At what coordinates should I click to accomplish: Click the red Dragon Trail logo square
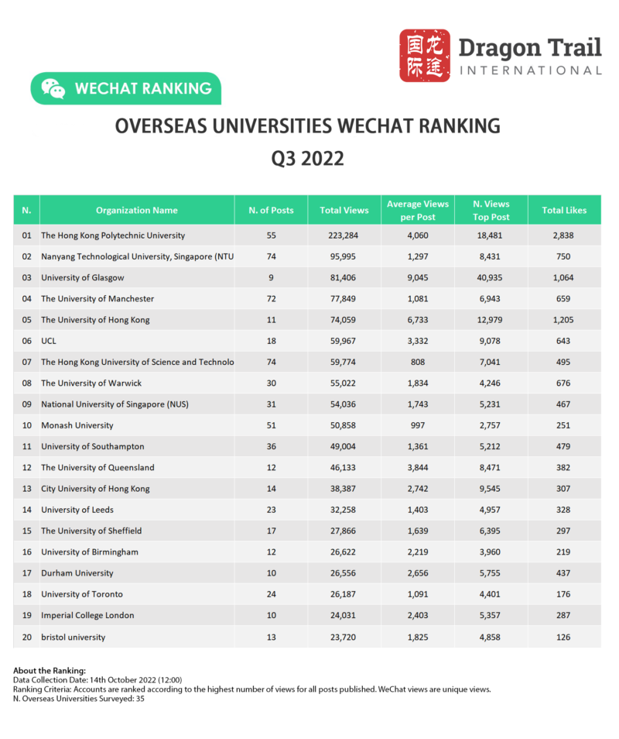tap(425, 56)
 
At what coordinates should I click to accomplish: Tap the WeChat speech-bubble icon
tap(53, 88)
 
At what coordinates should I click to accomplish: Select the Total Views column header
tap(344, 210)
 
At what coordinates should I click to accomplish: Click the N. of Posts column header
tap(271, 210)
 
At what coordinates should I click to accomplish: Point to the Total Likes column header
tap(564, 210)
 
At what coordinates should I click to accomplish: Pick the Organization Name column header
tap(137, 210)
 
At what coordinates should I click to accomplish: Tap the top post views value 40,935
tap(491, 277)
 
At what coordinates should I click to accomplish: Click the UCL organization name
tap(49, 341)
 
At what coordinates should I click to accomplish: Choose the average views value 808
tap(418, 362)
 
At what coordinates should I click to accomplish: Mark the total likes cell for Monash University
tap(564, 425)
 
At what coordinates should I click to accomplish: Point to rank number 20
tap(26, 637)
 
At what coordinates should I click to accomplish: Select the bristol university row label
tap(74, 637)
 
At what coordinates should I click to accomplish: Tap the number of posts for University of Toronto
tap(271, 594)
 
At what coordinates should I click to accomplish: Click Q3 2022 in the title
tap(307, 159)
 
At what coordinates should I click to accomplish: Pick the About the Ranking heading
tap(50, 671)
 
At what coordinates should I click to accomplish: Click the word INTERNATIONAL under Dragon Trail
tap(530, 70)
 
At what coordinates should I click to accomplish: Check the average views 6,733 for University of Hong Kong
tap(418, 320)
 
